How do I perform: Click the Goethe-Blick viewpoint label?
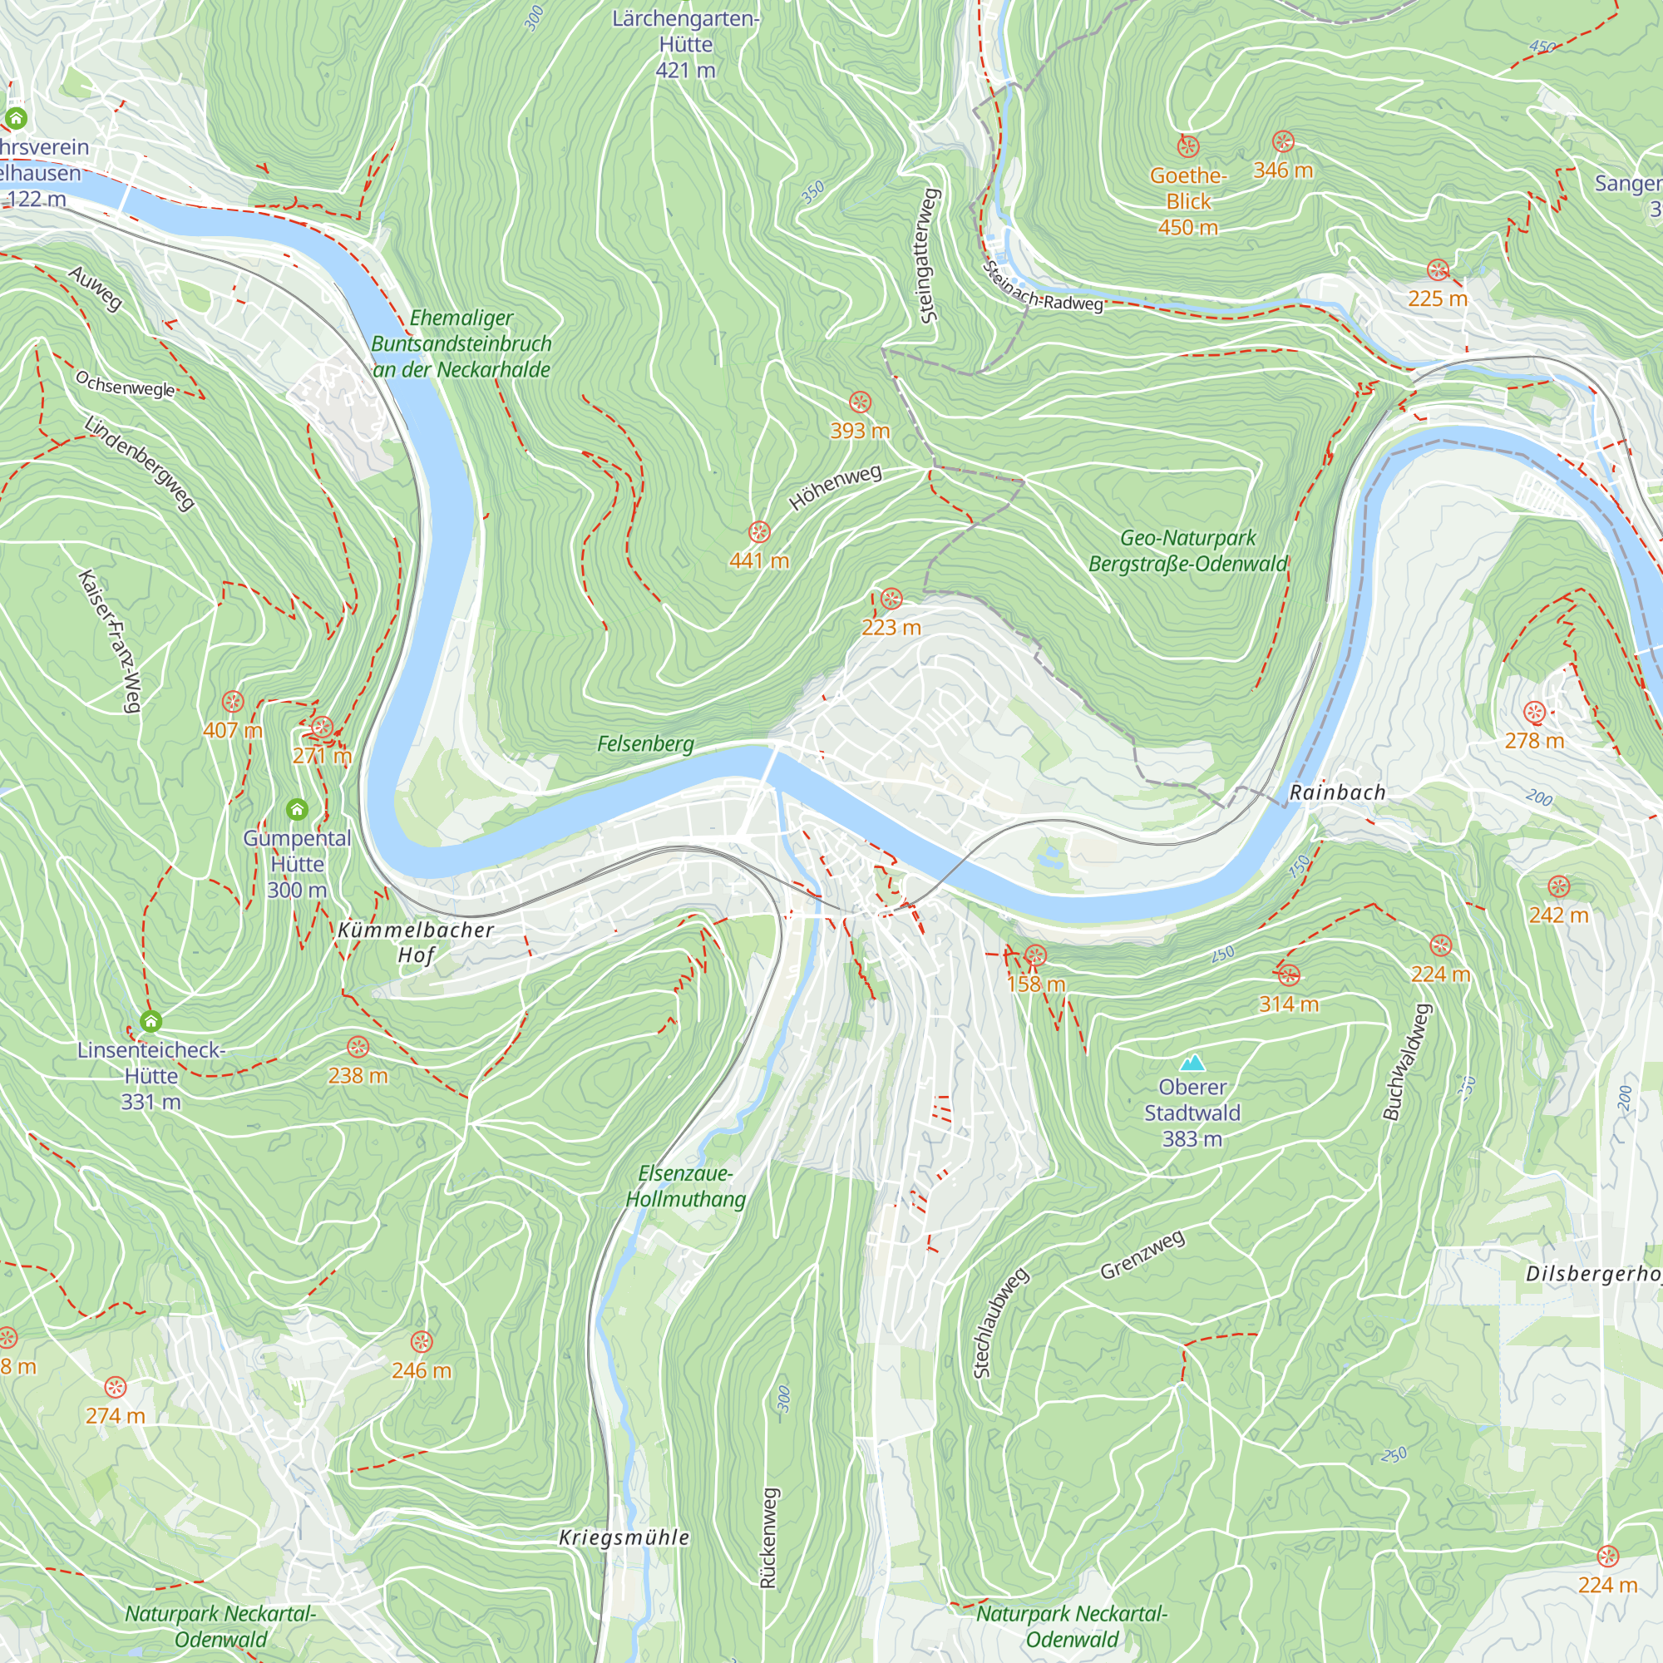point(1188,200)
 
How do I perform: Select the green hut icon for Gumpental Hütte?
point(297,809)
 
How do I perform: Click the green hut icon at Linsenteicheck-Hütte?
point(151,1022)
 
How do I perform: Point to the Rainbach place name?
point(1337,792)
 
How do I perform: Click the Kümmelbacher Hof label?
point(416,942)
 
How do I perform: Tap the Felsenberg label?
point(645,743)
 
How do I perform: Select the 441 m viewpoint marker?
point(758,531)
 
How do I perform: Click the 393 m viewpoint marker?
point(860,402)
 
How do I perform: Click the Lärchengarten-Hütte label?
point(685,43)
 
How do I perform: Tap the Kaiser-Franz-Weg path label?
point(109,640)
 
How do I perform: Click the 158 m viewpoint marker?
point(1035,955)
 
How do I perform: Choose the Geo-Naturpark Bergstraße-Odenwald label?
point(1188,551)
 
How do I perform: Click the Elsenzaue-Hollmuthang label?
point(685,1187)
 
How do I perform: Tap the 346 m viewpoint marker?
point(1282,142)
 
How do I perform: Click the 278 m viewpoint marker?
point(1534,712)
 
